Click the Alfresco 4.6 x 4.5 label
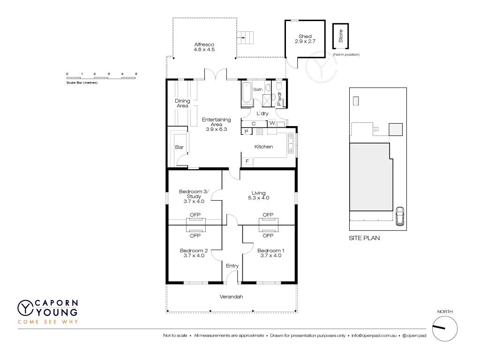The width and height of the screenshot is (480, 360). point(204,47)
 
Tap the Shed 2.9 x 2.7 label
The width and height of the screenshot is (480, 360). point(305,39)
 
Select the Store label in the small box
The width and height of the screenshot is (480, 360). point(341,37)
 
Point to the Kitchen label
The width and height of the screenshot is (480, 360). point(263,147)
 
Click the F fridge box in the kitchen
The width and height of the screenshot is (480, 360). point(247,162)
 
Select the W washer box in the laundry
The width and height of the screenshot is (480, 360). point(272,124)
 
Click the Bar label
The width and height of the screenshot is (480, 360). point(179,147)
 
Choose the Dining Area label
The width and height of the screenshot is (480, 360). point(182,103)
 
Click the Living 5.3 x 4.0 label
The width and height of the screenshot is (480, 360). point(258,195)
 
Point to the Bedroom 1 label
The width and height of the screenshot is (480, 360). point(270,253)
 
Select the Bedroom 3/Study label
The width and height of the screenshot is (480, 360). point(194,196)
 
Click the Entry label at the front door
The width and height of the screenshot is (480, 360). point(232,266)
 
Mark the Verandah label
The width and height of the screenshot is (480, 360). point(232,297)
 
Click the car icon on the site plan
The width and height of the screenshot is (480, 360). point(400,216)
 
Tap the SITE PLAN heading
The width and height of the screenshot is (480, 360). point(364,238)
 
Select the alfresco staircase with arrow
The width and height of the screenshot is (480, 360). point(247,36)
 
